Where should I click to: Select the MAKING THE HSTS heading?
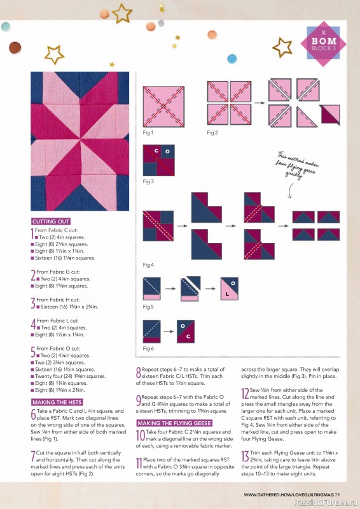point(56,402)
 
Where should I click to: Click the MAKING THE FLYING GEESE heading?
point(175,422)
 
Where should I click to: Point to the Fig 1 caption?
point(148,132)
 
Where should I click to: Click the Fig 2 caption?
point(212,132)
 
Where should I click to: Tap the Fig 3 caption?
point(148,181)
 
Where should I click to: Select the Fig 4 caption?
point(148,265)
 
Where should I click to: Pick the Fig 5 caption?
point(148,307)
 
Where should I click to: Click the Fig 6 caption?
point(148,348)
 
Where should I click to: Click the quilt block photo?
point(74,141)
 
